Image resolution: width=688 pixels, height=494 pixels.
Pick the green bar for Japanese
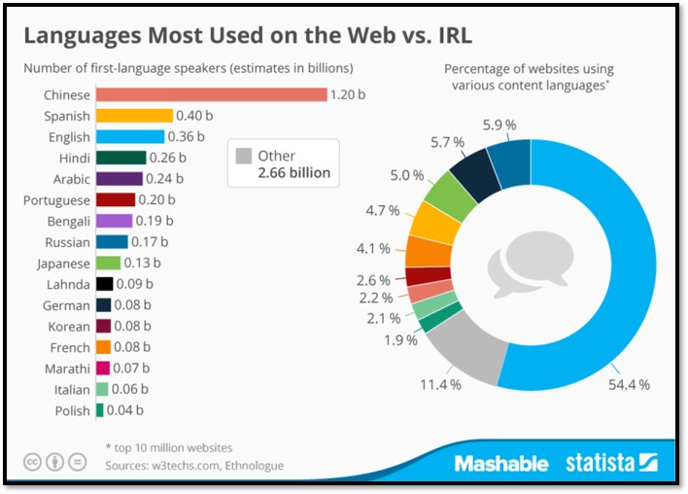(x=108, y=263)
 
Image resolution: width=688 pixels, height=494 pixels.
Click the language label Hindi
(x=74, y=158)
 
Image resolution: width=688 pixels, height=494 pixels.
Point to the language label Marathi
(x=68, y=369)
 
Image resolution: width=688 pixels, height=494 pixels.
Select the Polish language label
(x=73, y=410)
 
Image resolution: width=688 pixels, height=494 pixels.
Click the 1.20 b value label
(x=350, y=94)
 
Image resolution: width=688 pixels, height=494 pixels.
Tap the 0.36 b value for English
(x=186, y=137)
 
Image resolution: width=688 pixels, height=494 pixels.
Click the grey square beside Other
(x=244, y=156)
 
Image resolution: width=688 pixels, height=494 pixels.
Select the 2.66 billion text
(x=294, y=173)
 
